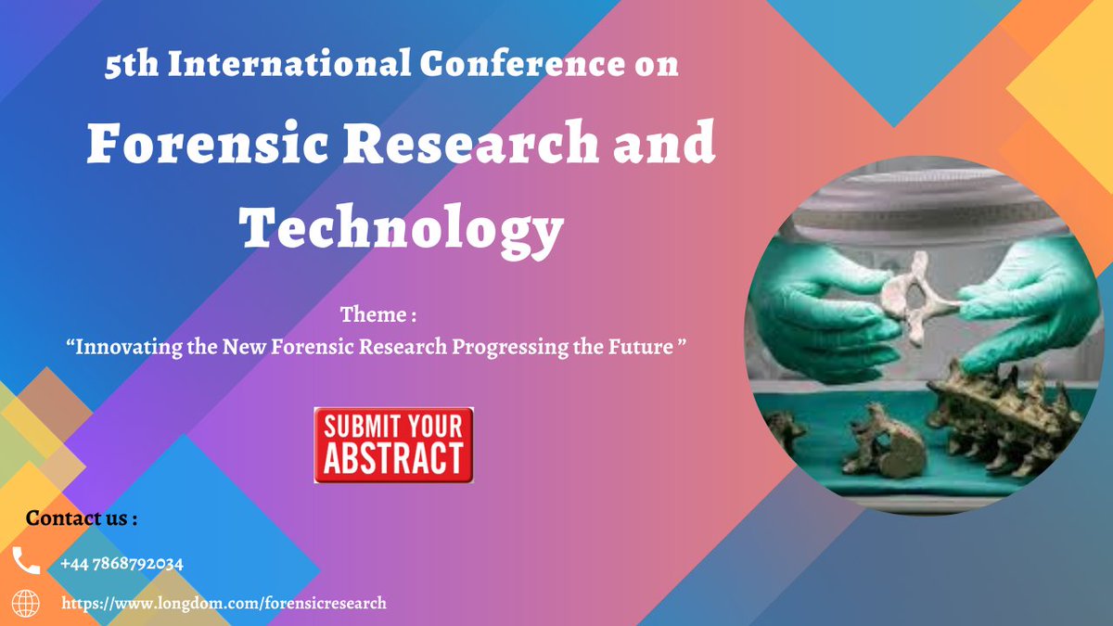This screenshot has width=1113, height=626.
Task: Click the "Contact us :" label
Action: [82, 518]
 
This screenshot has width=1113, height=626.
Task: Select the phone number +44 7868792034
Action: [122, 564]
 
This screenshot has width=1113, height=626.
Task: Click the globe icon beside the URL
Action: [26, 604]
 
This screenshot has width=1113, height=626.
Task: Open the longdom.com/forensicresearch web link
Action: [224, 604]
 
